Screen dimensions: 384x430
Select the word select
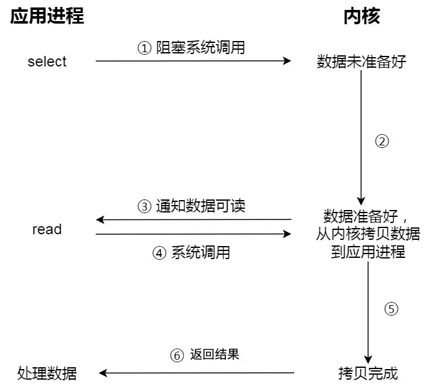click(x=47, y=62)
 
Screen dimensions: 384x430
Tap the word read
click(x=47, y=229)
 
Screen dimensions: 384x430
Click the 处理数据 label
click(x=47, y=373)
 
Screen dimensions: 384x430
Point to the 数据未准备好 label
click(x=361, y=62)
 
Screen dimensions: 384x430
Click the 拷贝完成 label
click(x=368, y=373)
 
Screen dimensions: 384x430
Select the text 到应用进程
click(x=368, y=252)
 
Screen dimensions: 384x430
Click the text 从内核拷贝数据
click(x=368, y=234)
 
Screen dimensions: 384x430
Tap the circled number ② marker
click(x=382, y=141)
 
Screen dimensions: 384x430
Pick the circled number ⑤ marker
click(x=390, y=309)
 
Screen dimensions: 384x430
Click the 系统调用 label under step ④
click(x=200, y=253)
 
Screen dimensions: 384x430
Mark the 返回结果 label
click(x=214, y=355)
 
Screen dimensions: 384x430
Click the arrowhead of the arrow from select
click(x=287, y=61)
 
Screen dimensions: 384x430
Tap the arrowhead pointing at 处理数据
click(x=104, y=373)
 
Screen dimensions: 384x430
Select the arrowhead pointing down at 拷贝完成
click(x=368, y=359)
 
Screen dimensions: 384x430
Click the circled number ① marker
click(x=144, y=48)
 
